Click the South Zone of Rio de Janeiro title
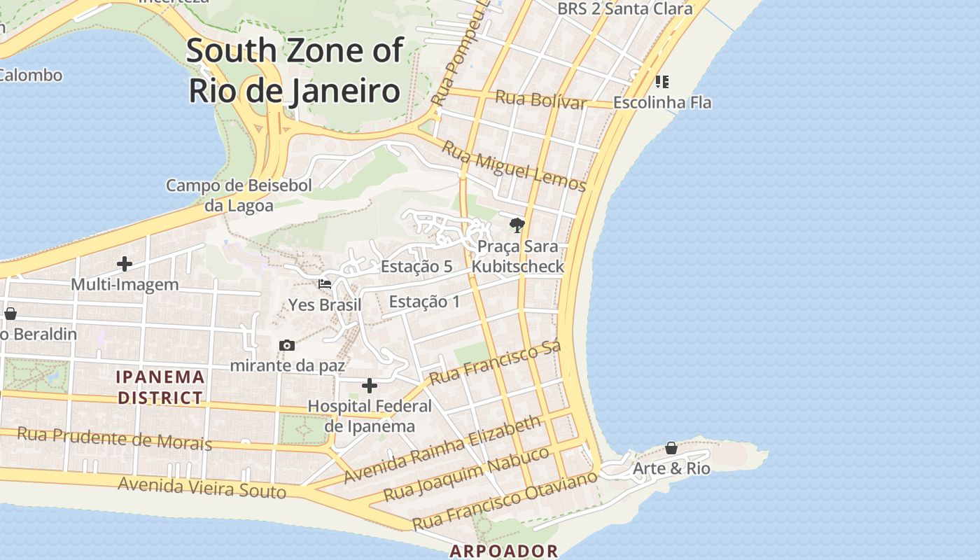tap(294, 71)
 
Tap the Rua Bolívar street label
tap(540, 99)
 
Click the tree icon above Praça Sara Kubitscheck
tap(517, 225)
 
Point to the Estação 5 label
tap(416, 267)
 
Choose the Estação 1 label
tap(424, 302)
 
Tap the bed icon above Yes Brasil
tap(325, 284)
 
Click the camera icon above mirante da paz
tap(286, 345)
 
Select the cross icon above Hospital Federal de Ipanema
tap(370, 386)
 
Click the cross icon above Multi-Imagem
tap(125, 264)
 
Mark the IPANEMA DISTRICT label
tap(161, 388)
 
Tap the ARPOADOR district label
tap(504, 551)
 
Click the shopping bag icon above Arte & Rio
tap(671, 448)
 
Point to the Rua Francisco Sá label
tap(495, 363)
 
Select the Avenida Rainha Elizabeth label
tap(442, 449)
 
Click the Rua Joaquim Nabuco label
tap(466, 474)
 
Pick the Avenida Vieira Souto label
tap(202, 487)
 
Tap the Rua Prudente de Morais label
tap(114, 438)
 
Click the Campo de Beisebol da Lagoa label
tap(239, 195)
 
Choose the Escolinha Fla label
tap(661, 102)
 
